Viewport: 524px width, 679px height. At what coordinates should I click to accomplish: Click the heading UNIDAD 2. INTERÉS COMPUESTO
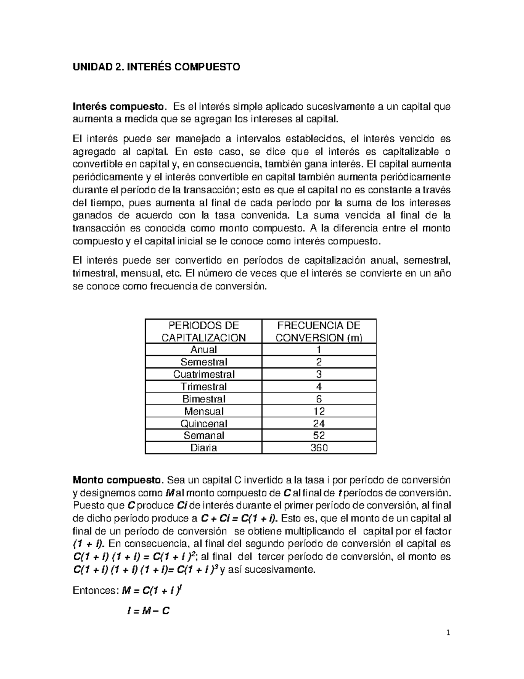[x=156, y=67]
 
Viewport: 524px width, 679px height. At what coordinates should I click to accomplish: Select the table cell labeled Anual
[x=203, y=349]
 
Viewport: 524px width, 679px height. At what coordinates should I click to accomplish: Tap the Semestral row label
[x=203, y=362]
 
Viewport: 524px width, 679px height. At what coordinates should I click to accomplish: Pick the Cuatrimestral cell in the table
[x=203, y=374]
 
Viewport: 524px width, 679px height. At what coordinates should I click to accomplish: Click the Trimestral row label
[x=203, y=387]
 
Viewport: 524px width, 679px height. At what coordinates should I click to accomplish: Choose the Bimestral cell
[x=203, y=399]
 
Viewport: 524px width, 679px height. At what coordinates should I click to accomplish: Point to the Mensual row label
[x=203, y=411]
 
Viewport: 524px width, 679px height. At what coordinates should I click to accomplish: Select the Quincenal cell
[x=203, y=423]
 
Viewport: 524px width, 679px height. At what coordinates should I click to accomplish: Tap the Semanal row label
[x=203, y=435]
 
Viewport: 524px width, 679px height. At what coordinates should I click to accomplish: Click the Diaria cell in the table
[x=203, y=448]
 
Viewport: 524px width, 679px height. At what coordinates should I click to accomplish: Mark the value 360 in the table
[x=319, y=448]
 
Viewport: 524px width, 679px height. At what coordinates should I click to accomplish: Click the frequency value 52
[x=319, y=435]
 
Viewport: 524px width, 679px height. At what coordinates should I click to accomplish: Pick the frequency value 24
[x=319, y=423]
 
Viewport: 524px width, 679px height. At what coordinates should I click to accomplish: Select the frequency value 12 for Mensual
[x=319, y=411]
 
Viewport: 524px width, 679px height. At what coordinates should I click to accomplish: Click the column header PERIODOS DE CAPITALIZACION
[x=203, y=331]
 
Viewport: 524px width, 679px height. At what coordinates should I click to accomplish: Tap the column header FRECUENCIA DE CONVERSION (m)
[x=319, y=331]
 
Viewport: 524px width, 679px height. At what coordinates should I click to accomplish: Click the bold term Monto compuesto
[x=117, y=480]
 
